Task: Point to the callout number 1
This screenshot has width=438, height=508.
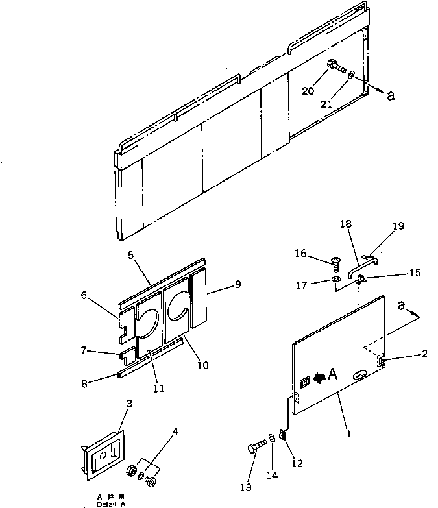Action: pos(348,433)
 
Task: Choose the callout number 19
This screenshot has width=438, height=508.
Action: pos(398,226)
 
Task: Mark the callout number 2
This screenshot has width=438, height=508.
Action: pos(424,354)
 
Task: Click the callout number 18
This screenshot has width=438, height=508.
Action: pos(346,224)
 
